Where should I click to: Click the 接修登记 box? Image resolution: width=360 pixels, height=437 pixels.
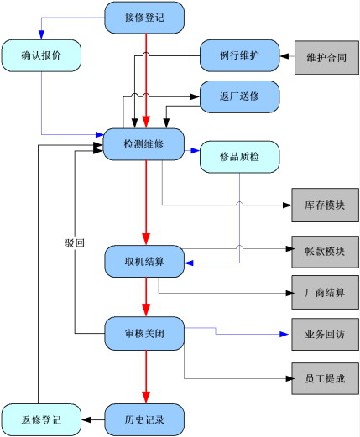pos(144,18)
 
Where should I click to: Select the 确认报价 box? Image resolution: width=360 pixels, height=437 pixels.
pos(41,55)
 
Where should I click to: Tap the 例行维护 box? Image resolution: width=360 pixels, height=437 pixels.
pos(239,55)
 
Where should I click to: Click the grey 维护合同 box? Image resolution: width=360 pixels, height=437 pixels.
pos(326,58)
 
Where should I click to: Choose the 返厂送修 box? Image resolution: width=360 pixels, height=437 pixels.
pos(239,96)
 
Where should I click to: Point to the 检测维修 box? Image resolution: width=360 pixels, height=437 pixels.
pos(143,144)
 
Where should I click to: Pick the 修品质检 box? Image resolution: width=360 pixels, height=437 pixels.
pos(239,157)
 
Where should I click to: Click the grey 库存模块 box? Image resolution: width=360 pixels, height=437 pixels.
pos(325,205)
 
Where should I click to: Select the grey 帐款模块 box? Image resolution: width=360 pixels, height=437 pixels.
pos(325,252)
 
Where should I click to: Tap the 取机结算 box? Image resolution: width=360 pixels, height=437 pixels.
pos(144,262)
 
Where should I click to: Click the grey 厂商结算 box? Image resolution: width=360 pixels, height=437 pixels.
pos(325,293)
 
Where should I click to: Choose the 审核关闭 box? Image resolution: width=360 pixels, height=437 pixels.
pos(144,333)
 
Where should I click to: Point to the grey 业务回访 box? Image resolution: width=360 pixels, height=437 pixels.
pos(325,334)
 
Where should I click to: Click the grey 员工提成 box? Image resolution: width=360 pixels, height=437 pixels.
pos(325,378)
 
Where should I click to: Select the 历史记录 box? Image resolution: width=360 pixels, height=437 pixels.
pos(144,419)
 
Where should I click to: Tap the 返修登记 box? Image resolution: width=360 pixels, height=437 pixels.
pos(41,419)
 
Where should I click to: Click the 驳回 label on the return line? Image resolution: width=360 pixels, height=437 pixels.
pos(75,242)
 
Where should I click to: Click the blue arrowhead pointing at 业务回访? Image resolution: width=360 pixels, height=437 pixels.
pos(284,334)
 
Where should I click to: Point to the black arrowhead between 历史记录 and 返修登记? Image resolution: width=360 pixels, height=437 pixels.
pos(86,419)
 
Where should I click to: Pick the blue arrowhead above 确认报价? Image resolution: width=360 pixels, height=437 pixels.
pos(41,34)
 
